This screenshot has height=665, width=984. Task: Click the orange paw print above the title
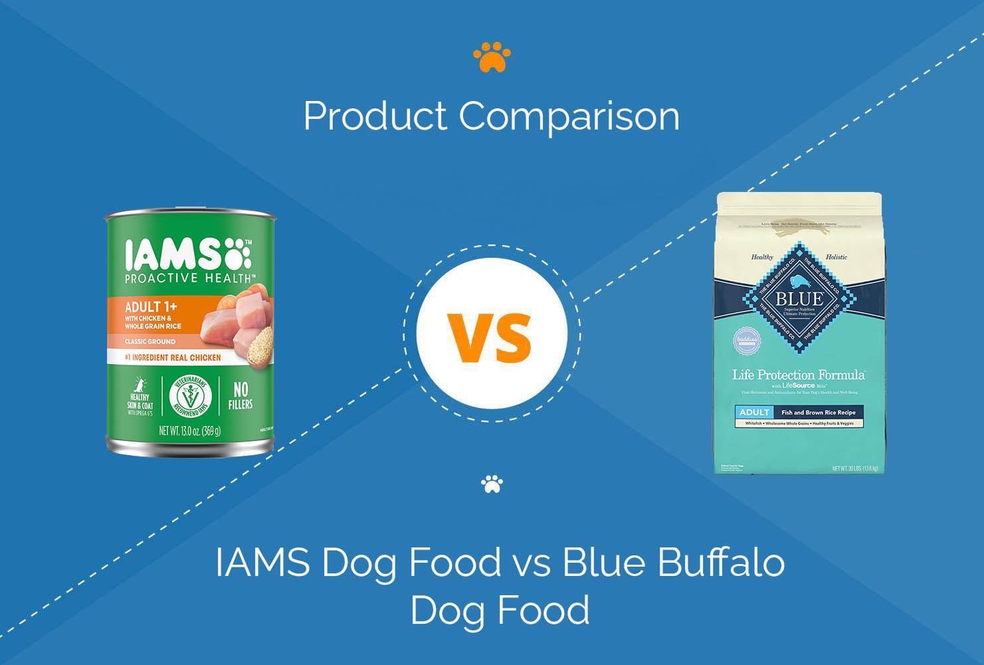(x=492, y=58)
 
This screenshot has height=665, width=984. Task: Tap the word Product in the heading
(x=375, y=116)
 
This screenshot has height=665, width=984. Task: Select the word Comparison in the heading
(x=569, y=116)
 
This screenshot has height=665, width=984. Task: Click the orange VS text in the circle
(x=490, y=337)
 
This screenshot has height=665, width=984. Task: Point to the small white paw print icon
(x=492, y=484)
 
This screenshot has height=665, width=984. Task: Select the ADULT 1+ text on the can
(x=146, y=306)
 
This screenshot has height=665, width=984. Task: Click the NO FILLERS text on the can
(x=240, y=395)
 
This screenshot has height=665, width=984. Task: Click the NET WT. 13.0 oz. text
(x=189, y=431)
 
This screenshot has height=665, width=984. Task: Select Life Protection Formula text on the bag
(x=798, y=375)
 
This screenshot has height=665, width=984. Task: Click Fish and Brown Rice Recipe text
(x=818, y=413)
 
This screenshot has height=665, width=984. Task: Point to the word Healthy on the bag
(x=762, y=257)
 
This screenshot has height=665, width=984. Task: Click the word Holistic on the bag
(x=836, y=257)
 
